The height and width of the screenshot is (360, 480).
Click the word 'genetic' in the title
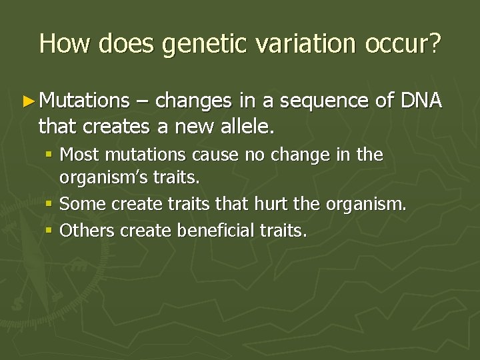(203, 44)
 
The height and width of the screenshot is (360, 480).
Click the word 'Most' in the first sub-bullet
(79, 155)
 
